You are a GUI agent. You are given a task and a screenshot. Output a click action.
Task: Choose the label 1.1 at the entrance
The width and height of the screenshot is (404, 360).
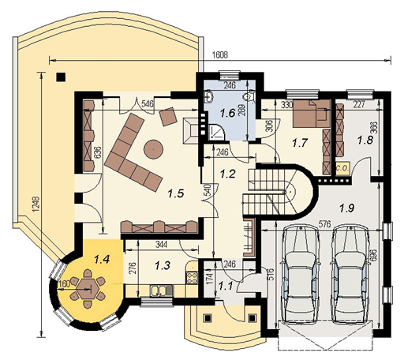click(224, 287)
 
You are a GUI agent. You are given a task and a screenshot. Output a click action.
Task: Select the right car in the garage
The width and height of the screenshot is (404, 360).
click(351, 272)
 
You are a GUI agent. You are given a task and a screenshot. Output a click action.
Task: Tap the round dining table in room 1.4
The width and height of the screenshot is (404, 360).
click(86, 287)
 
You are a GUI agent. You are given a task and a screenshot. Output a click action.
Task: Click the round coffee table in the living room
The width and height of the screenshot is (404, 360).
click(152, 146)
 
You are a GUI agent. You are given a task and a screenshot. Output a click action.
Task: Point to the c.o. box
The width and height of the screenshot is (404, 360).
click(342, 168)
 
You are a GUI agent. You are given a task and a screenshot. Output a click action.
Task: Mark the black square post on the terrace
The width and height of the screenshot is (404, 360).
click(61, 77)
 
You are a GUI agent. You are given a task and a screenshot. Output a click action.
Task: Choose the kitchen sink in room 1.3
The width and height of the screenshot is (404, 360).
click(161, 290)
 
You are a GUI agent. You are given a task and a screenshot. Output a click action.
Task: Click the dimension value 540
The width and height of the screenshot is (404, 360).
click(207, 191)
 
